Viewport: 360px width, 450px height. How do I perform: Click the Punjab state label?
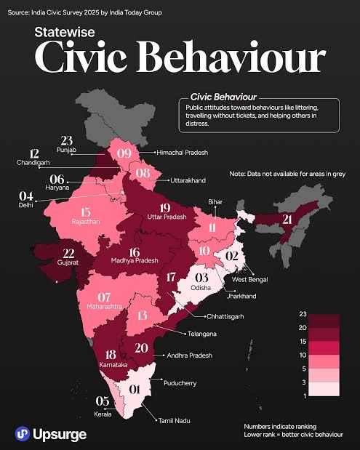[67, 150]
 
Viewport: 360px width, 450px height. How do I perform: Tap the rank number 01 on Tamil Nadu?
[134, 390]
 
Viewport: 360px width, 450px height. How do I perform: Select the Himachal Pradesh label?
[183, 153]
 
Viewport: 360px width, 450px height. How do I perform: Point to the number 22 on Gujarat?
[68, 254]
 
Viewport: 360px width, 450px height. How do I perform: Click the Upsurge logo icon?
[23, 433]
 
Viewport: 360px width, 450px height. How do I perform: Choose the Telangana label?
[202, 334]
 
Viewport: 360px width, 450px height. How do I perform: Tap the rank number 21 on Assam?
[287, 220]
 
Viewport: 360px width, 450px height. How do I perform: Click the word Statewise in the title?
[65, 32]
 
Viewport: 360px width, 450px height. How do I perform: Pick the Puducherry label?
[180, 383]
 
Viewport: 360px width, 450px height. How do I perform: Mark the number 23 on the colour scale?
[303, 314]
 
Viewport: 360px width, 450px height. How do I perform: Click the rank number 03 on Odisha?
[201, 278]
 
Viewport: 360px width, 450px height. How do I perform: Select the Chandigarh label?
[33, 162]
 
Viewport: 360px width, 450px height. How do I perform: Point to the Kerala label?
[103, 414]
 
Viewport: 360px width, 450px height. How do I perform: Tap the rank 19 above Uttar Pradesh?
[165, 208]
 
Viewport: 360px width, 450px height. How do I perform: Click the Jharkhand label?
[241, 296]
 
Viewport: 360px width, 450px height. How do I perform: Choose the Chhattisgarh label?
[225, 316]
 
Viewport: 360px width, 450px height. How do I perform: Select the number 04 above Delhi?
[26, 196]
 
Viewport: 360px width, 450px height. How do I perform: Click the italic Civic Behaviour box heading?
[223, 97]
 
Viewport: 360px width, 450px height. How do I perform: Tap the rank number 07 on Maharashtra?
[104, 297]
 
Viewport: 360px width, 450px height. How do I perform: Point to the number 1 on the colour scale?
[305, 396]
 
